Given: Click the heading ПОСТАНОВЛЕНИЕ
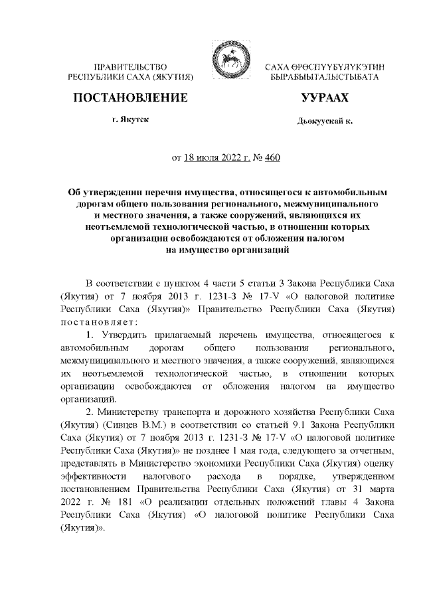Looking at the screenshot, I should [x=129, y=98].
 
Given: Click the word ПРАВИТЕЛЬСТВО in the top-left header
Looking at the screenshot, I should [x=130, y=68].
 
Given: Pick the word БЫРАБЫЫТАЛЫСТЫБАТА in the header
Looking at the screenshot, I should [x=325, y=78].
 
